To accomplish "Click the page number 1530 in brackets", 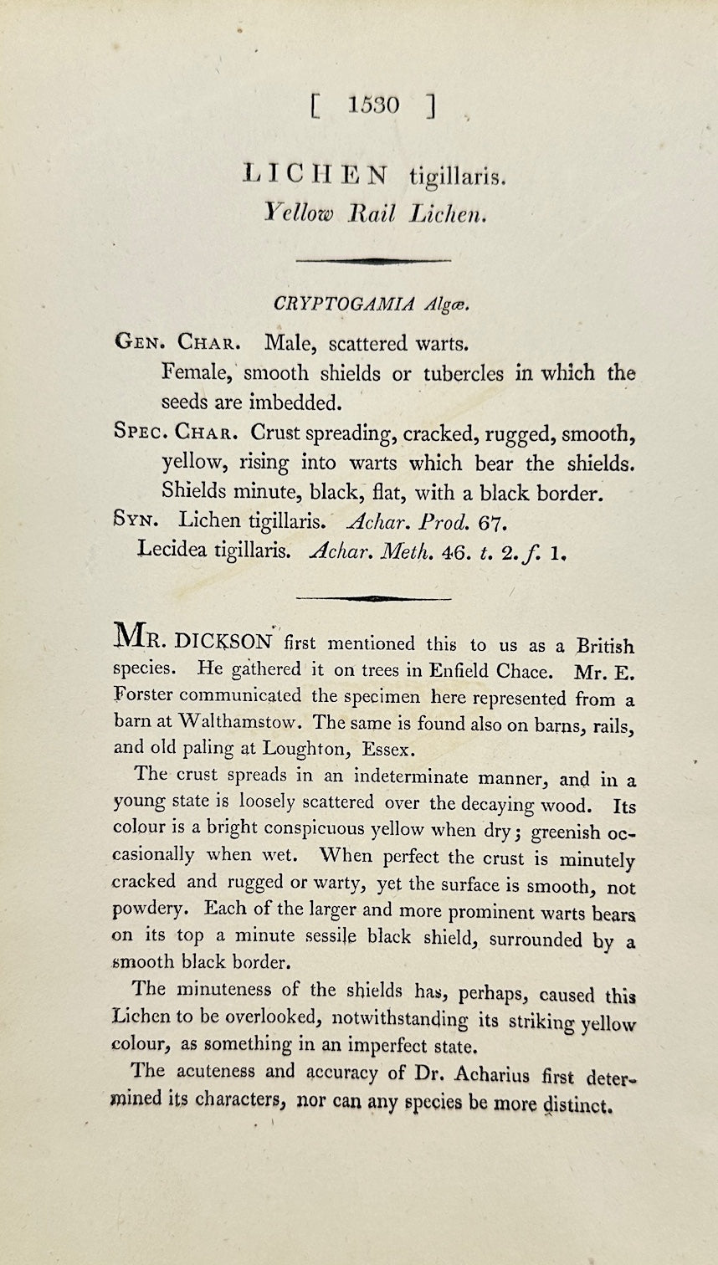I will (374, 105).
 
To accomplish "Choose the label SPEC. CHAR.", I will (176, 433).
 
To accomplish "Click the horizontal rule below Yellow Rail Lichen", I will (373, 261).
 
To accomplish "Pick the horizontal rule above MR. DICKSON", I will (373, 598).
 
